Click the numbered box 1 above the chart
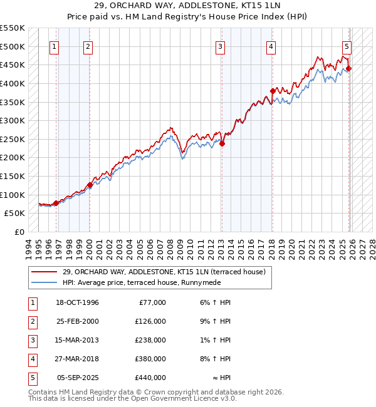tap(55, 46)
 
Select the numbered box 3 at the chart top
tap(221, 46)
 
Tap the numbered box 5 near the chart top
tap(347, 46)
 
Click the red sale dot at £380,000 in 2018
tap(273, 91)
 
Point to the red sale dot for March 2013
tap(222, 143)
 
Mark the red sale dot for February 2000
tap(90, 185)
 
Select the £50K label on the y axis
tap(15, 214)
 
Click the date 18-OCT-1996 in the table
tap(78, 302)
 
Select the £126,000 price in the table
tap(150, 321)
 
